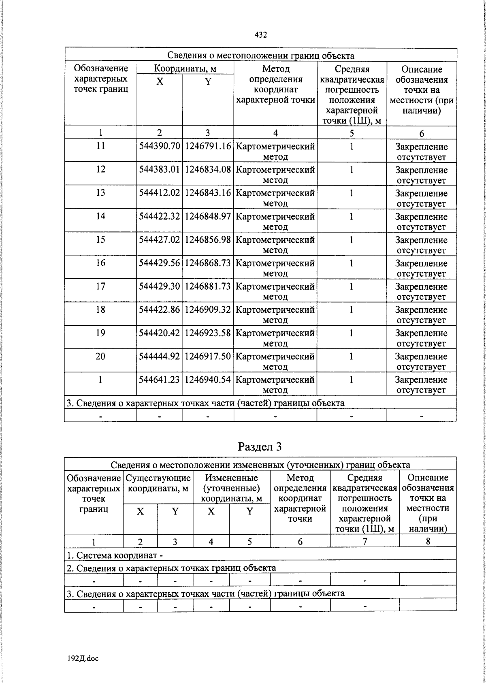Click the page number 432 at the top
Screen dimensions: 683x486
click(x=260, y=35)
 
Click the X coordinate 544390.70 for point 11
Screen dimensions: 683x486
click(x=160, y=146)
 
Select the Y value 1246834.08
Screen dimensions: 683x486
click(x=208, y=170)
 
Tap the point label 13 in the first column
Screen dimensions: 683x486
click(x=100, y=193)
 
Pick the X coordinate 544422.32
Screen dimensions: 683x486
click(x=160, y=216)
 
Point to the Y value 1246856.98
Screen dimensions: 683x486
click(x=208, y=240)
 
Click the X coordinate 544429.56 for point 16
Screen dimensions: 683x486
click(x=160, y=263)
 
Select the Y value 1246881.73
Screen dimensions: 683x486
click(x=208, y=286)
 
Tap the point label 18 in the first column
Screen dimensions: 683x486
click(x=100, y=310)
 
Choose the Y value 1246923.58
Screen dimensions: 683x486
click(x=208, y=333)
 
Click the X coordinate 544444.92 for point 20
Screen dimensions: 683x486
click(x=160, y=356)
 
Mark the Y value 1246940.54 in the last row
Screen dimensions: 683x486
click(x=208, y=380)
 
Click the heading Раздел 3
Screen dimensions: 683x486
click(x=260, y=446)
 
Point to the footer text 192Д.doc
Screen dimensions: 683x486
click(x=83, y=659)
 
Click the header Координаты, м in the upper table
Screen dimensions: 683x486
click(x=185, y=68)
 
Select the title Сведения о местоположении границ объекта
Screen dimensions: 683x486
click(x=261, y=55)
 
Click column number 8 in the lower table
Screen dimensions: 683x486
click(x=428, y=542)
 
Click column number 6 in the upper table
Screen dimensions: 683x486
click(x=421, y=133)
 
